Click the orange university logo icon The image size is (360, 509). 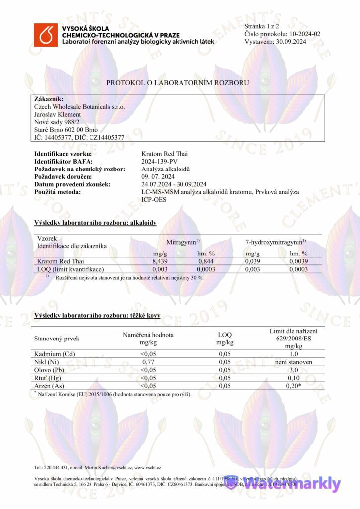[46, 35]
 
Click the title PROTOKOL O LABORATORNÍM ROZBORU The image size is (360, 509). [178, 83]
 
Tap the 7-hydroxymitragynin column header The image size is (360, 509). [275, 242]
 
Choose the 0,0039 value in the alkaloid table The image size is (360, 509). [298, 261]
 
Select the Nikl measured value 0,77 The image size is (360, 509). [148, 362]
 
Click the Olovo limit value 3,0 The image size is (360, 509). [293, 370]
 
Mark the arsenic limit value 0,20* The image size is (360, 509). [293, 386]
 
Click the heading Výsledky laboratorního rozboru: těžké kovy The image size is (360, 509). [97, 316]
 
